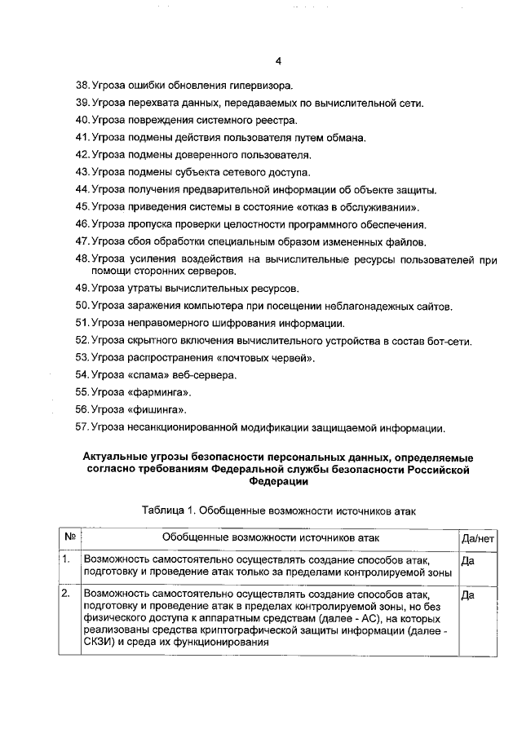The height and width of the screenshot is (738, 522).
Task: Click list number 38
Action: click(82, 85)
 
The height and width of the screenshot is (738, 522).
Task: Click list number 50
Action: click(82, 306)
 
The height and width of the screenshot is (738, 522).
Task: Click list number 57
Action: click(82, 427)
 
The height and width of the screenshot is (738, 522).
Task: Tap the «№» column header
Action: click(70, 539)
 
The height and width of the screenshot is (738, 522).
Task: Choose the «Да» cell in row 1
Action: click(468, 561)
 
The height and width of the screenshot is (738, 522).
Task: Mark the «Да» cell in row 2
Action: click(468, 595)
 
